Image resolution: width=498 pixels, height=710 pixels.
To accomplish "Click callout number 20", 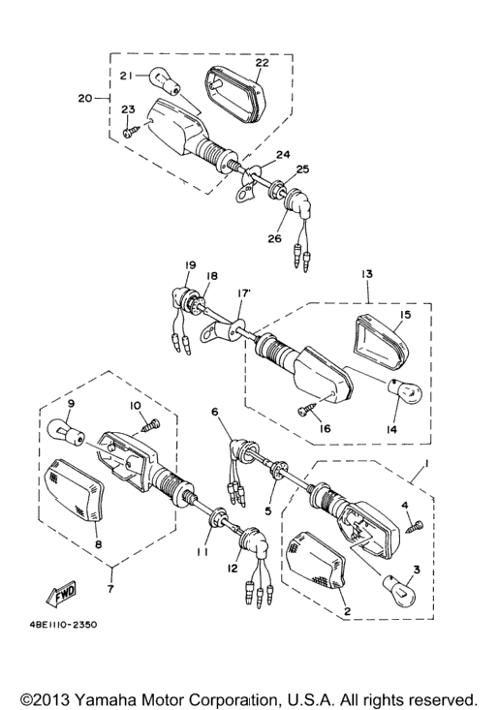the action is (x=84, y=98).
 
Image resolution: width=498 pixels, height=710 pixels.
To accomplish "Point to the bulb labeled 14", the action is (x=404, y=390).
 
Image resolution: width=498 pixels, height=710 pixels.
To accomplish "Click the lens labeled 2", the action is (x=317, y=561).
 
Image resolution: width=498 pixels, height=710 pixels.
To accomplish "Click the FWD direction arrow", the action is (x=60, y=594).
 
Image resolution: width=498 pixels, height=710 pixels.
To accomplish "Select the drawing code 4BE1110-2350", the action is (x=61, y=625).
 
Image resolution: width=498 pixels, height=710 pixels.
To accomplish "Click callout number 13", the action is (x=367, y=274).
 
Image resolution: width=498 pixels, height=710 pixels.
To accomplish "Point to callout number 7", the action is (x=110, y=589).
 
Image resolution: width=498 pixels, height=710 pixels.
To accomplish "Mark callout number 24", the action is (x=283, y=155).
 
